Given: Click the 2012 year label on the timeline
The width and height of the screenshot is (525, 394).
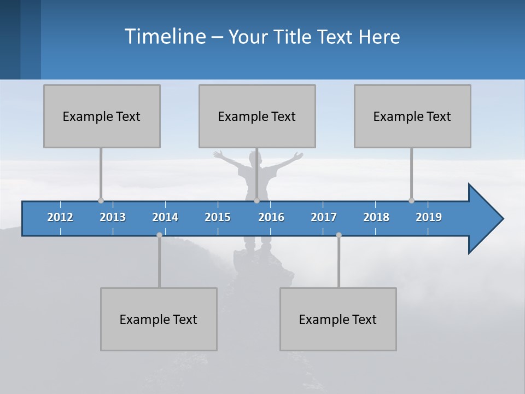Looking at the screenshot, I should [60, 217].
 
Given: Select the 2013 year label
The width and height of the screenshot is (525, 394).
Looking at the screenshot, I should [113, 217].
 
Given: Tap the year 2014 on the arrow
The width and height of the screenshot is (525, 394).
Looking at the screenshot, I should [165, 217].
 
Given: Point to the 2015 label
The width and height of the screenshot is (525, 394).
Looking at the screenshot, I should [218, 217].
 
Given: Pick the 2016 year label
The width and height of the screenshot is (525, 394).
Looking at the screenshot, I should [271, 217].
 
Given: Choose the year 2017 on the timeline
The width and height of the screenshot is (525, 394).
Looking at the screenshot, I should [324, 217].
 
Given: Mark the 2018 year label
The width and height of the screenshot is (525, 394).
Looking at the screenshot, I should [376, 217].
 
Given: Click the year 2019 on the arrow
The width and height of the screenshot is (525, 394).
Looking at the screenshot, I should [429, 217].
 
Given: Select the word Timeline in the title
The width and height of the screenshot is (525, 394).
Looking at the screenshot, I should [164, 37].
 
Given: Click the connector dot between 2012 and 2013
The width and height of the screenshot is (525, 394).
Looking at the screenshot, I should [101, 200].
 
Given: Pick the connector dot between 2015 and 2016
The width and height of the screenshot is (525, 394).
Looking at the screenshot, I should [256, 200].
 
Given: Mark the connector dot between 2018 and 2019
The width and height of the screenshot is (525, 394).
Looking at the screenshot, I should [411, 200].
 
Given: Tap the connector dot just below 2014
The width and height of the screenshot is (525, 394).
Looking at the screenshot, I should [159, 235].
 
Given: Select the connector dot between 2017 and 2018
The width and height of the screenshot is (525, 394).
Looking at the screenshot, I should [339, 235].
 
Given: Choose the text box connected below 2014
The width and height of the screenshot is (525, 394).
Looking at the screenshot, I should [159, 319].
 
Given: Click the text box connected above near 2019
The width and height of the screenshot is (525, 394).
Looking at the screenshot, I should [412, 116].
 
